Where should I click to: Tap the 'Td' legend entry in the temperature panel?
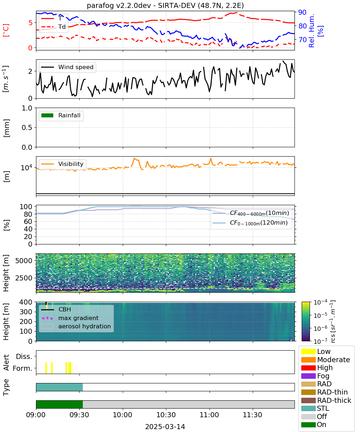(x=53, y=27)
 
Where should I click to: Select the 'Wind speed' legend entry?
(x=67, y=67)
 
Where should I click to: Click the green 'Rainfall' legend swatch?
(x=48, y=115)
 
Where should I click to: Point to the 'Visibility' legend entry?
(x=62, y=164)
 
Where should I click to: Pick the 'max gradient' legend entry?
(x=70, y=318)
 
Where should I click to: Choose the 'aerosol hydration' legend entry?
(x=76, y=326)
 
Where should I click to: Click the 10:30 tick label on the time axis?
(x=166, y=415)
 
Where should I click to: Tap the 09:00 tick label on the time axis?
(x=36, y=415)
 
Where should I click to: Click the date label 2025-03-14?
(x=165, y=427)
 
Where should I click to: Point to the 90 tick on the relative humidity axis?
(x=302, y=12)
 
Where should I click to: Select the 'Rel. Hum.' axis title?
(x=312, y=31)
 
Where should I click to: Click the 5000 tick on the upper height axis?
(x=24, y=261)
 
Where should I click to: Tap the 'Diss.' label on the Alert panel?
(x=24, y=356)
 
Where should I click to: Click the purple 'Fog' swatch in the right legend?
(x=308, y=376)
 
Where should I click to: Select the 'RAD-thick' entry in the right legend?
(x=326, y=400)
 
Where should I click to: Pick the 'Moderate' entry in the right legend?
(x=325, y=360)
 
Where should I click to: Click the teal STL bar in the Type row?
(x=59, y=387)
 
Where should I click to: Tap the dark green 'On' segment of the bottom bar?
(x=59, y=404)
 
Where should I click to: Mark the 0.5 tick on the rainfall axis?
(x=27, y=128)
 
